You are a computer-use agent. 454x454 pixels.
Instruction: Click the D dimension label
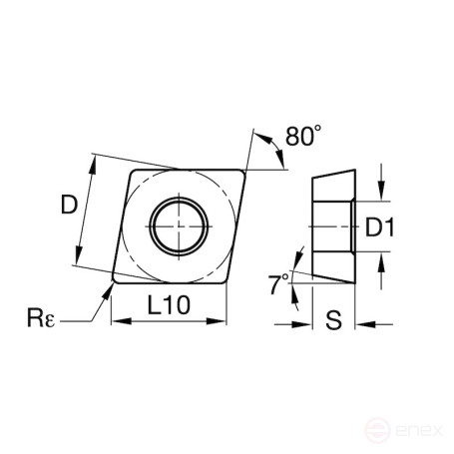[68, 206]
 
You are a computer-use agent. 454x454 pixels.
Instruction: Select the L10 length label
[165, 305]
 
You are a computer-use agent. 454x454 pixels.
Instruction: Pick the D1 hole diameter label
[380, 228]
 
